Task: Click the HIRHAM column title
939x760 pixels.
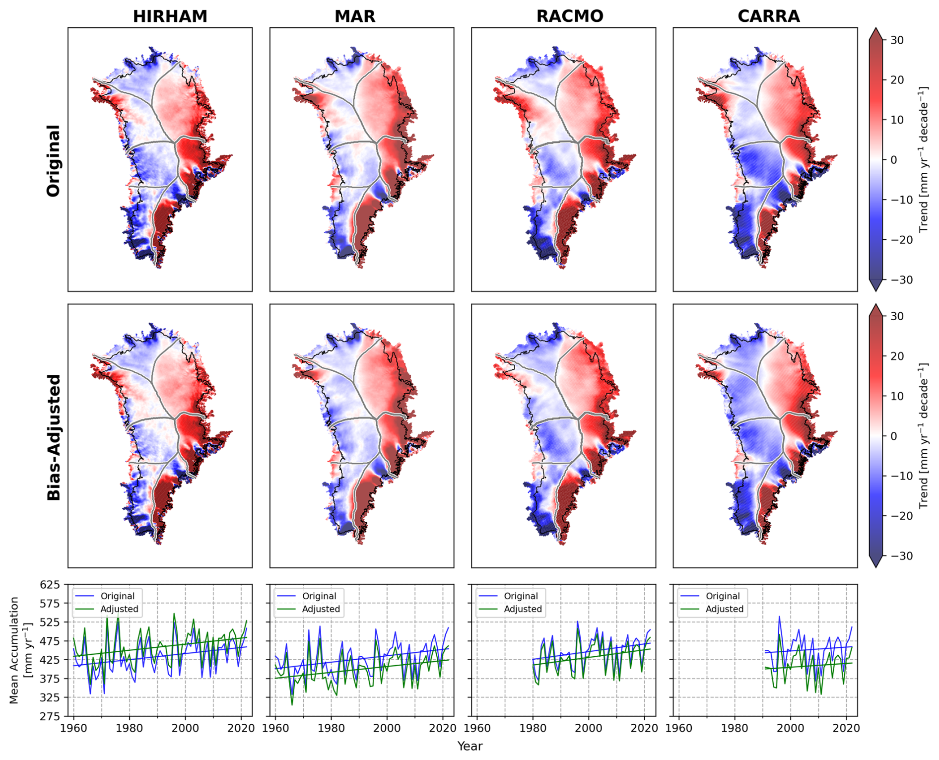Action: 170,16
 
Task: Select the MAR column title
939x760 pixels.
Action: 355,16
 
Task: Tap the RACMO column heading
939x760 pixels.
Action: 570,16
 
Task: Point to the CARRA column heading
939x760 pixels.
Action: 768,16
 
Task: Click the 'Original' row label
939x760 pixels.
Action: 53,160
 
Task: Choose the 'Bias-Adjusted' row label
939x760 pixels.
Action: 53,437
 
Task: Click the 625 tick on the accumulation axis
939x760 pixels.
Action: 50,584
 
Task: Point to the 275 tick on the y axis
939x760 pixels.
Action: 50,716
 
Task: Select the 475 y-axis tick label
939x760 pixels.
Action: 50,641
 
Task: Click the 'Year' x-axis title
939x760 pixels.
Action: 469,746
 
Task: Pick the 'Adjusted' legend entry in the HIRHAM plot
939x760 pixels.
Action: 119,609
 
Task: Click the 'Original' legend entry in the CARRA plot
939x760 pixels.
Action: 723,596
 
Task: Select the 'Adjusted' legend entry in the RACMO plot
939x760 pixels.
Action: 523,609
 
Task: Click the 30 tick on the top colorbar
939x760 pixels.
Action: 896,40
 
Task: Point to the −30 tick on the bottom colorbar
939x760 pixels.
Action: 899,556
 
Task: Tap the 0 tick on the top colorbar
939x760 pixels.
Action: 894,160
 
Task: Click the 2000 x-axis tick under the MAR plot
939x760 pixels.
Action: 387,728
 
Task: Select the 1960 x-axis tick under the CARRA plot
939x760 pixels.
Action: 679,728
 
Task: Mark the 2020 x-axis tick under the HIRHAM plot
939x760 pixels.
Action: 241,728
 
